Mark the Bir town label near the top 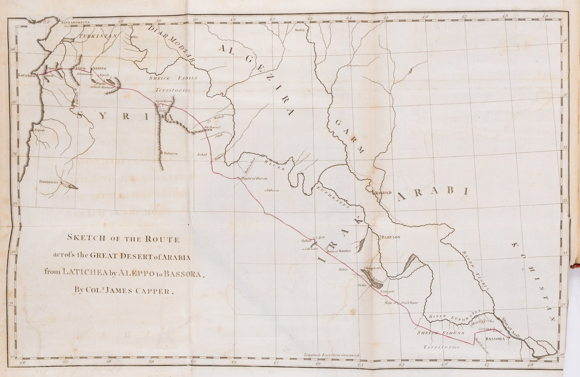pyautogui.click(x=134, y=37)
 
